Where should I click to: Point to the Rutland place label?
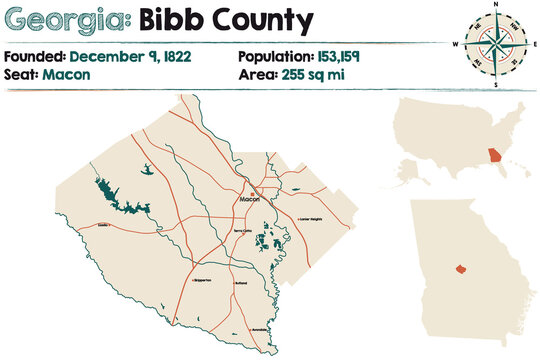pos(241,285)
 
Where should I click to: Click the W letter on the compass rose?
pos(455,45)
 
